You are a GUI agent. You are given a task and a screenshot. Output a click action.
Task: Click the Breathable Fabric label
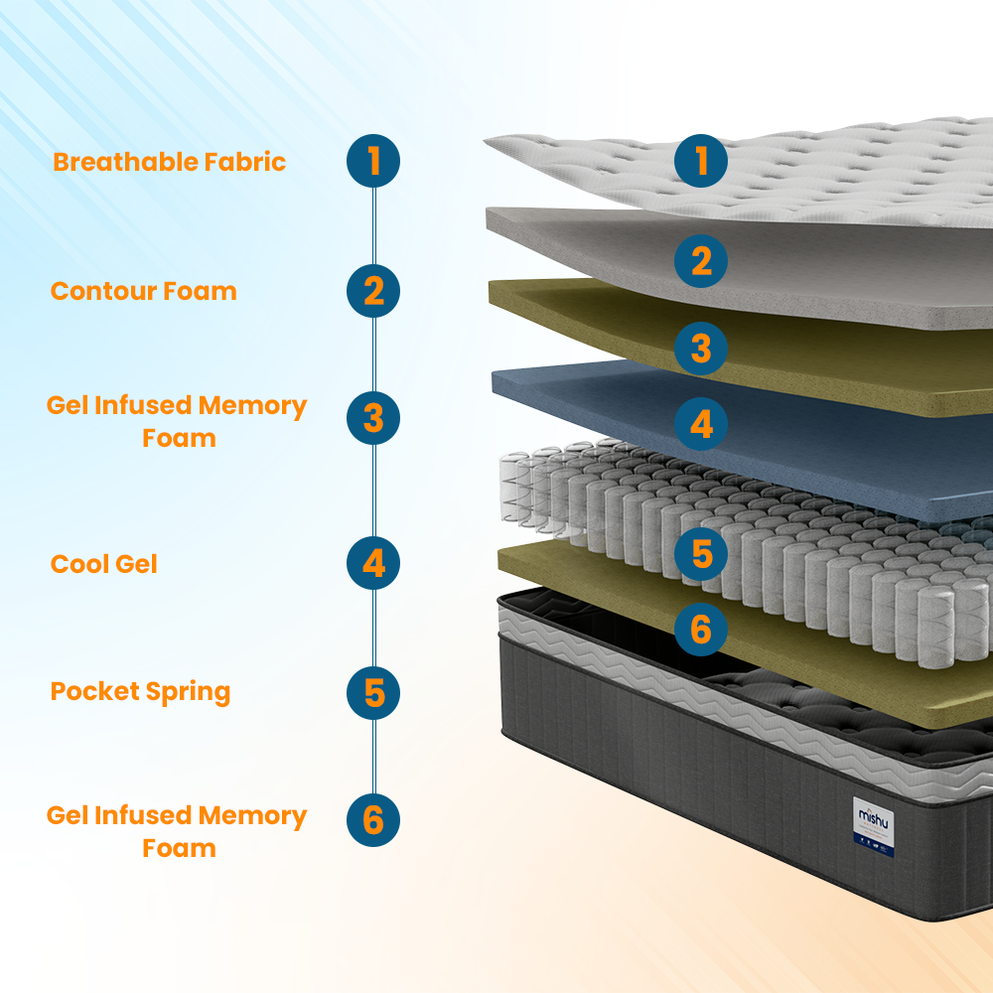pyautogui.click(x=169, y=162)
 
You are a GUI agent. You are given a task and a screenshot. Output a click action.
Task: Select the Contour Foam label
pyautogui.click(x=144, y=291)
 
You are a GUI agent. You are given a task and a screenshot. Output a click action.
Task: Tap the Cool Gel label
pyautogui.click(x=104, y=564)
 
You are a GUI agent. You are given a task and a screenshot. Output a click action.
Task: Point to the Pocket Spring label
pyautogui.click(x=140, y=691)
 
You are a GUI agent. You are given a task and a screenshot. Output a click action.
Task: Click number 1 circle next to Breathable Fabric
pyautogui.click(x=373, y=161)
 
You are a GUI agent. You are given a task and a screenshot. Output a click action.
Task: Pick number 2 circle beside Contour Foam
pyautogui.click(x=373, y=291)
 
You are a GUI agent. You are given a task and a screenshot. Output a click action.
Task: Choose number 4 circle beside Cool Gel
pyautogui.click(x=373, y=564)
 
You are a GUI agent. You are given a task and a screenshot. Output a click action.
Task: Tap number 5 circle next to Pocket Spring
pyautogui.click(x=373, y=692)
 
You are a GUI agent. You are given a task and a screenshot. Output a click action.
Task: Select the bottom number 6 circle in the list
pyautogui.click(x=373, y=820)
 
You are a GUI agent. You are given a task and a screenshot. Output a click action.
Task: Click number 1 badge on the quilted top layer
pyautogui.click(x=701, y=161)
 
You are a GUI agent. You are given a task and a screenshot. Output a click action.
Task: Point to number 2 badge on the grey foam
pyautogui.click(x=701, y=261)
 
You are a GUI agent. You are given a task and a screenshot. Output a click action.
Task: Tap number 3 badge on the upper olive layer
pyautogui.click(x=701, y=349)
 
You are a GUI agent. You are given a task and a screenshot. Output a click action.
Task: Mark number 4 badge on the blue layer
pyautogui.click(x=701, y=424)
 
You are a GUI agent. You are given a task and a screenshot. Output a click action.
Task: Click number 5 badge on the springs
pyautogui.click(x=701, y=554)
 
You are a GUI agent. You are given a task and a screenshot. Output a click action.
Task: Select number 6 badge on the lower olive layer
pyautogui.click(x=701, y=629)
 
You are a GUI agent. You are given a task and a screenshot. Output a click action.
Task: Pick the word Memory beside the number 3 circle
pyautogui.click(x=253, y=406)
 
